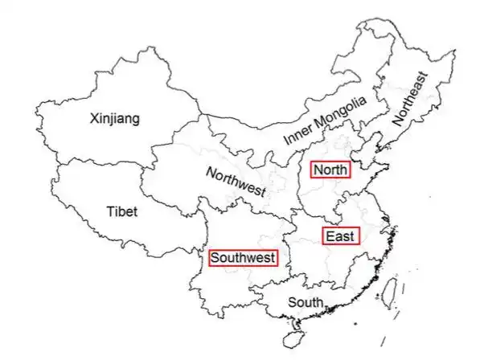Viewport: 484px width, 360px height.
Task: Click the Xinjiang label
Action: [x=115, y=119]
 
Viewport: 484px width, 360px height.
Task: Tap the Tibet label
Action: [x=121, y=212]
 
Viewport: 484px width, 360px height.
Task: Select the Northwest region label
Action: [x=236, y=181]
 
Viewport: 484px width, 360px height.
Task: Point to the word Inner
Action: [x=296, y=133]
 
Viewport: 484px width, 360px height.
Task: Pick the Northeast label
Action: [x=412, y=100]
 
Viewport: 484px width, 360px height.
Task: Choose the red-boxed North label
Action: [x=331, y=170]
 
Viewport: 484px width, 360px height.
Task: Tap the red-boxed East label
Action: [x=341, y=236]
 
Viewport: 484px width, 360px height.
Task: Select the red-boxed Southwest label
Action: [x=243, y=258]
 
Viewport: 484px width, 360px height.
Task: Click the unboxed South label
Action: [x=306, y=302]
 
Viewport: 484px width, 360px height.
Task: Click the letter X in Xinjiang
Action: [x=95, y=119]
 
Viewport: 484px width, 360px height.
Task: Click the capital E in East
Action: [x=330, y=236]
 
